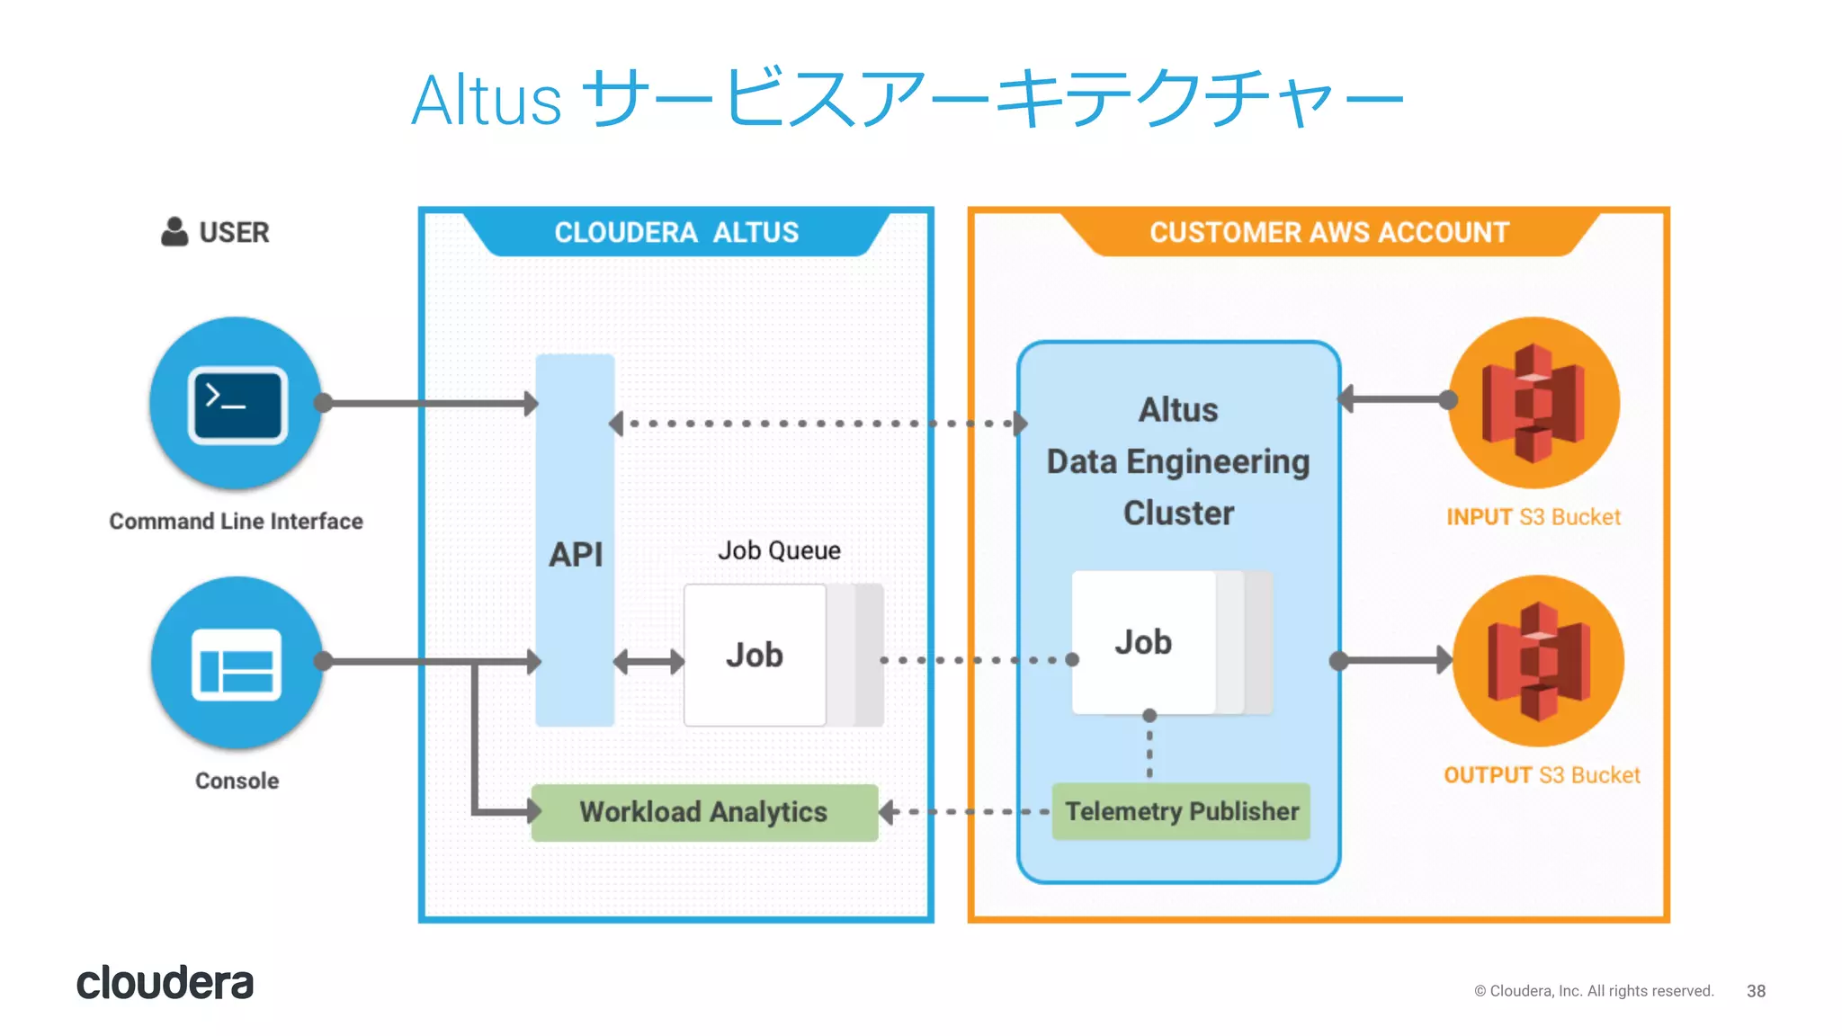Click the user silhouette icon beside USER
[174, 232]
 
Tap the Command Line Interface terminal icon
[237, 403]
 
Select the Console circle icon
[237, 663]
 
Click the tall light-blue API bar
[575, 468]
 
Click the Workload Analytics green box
[704, 812]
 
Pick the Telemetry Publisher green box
[1181, 811]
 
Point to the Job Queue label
[779, 550]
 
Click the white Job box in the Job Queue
[755, 655]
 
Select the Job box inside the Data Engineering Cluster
[1144, 642]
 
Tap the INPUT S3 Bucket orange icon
[1534, 402]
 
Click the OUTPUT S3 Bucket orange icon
[1539, 661]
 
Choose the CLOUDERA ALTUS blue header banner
[676, 232]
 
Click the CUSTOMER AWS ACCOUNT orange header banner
[1328, 232]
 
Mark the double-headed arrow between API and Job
[648, 663]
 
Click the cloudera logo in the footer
[165, 983]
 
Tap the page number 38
[1756, 991]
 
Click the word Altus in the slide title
[487, 101]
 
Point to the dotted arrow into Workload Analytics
[962, 812]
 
